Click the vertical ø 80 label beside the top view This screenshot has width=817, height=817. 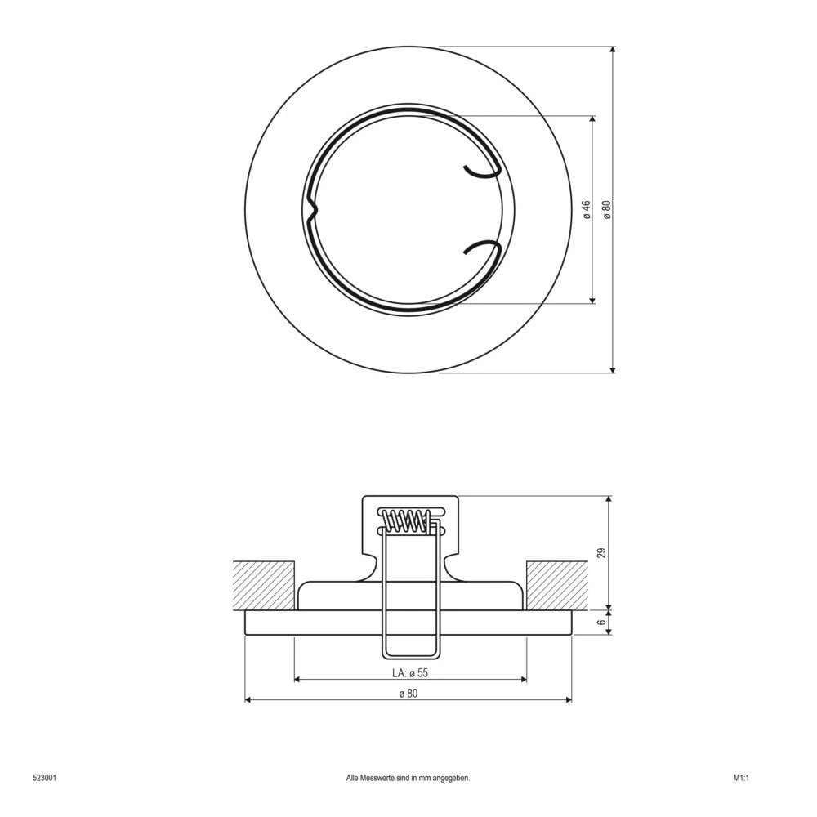606,209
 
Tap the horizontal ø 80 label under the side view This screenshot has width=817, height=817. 408,694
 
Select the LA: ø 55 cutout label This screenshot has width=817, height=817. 410,672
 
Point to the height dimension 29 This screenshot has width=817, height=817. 602,553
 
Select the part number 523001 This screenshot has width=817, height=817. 44,779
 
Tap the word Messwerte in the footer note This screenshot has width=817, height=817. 378,779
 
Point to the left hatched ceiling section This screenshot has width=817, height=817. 263,585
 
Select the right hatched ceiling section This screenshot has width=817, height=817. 557,585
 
